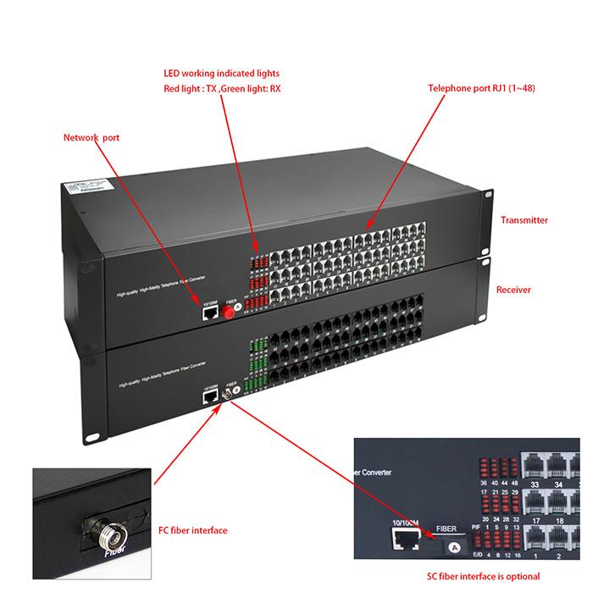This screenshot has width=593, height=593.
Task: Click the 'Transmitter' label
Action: click(524, 220)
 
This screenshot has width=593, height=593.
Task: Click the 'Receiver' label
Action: click(513, 290)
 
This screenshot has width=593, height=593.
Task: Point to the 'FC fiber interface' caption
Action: click(193, 530)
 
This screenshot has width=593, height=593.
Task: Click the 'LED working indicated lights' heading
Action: click(221, 74)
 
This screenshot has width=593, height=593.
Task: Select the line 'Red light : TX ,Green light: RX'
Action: click(221, 88)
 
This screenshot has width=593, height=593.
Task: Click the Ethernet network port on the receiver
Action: click(206, 393)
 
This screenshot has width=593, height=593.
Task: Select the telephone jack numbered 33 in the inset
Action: click(535, 463)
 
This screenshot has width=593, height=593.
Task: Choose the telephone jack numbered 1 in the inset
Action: click(535, 540)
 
